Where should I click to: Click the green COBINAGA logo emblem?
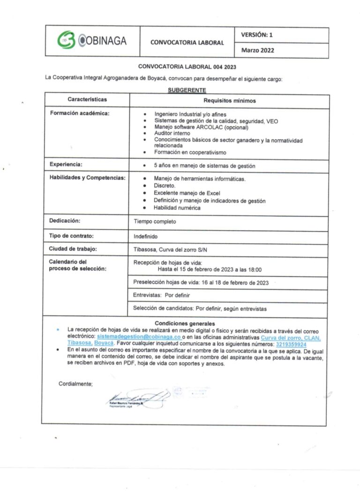click(66, 40)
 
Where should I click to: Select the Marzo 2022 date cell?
click(257, 50)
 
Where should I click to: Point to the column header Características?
click(87, 99)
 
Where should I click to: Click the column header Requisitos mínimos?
click(229, 100)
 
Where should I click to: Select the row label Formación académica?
click(79, 113)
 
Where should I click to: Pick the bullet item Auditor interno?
click(172, 134)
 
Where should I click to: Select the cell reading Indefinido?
click(146, 236)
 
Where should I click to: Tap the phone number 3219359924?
click(295, 344)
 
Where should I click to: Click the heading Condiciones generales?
click(185, 323)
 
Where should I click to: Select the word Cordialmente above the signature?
click(75, 384)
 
